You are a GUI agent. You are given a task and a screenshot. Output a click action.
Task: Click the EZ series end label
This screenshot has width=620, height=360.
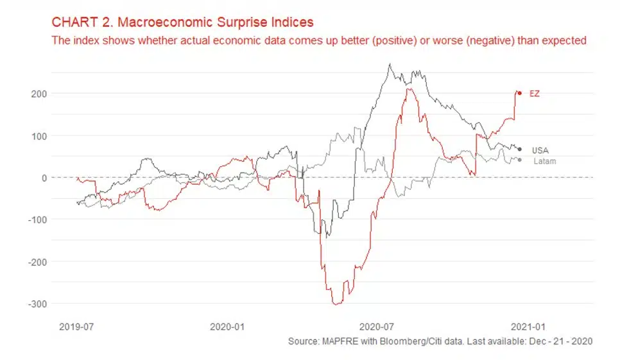(x=534, y=94)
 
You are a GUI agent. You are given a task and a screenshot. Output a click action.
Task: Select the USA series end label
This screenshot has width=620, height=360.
(x=540, y=150)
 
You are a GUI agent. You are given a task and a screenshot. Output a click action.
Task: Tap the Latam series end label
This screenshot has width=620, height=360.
(x=544, y=161)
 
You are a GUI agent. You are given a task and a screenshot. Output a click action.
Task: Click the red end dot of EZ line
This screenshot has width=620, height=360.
(x=519, y=93)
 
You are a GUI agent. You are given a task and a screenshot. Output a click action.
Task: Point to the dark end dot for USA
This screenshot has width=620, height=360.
(x=519, y=150)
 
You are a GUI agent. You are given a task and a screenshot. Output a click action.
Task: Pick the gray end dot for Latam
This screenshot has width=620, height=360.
(x=519, y=160)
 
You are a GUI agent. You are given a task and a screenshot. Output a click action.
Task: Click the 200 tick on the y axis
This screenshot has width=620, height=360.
(x=38, y=94)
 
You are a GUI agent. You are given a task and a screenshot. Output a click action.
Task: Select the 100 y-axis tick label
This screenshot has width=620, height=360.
(x=38, y=136)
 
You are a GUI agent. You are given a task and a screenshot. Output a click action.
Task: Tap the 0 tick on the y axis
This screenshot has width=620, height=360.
(x=43, y=178)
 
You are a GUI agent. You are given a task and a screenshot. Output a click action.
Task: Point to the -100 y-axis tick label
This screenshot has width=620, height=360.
(x=36, y=219)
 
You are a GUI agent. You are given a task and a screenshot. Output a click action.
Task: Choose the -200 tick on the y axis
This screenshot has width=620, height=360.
(x=36, y=262)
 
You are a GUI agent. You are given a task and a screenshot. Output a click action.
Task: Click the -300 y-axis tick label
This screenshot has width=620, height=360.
(x=36, y=304)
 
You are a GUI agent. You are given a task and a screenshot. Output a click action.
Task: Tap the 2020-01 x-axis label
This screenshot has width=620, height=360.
(x=227, y=326)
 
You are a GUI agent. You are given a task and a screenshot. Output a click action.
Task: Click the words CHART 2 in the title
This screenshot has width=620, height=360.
(x=74, y=22)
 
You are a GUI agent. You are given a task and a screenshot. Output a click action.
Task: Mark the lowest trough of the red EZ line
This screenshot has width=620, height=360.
(x=335, y=304)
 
